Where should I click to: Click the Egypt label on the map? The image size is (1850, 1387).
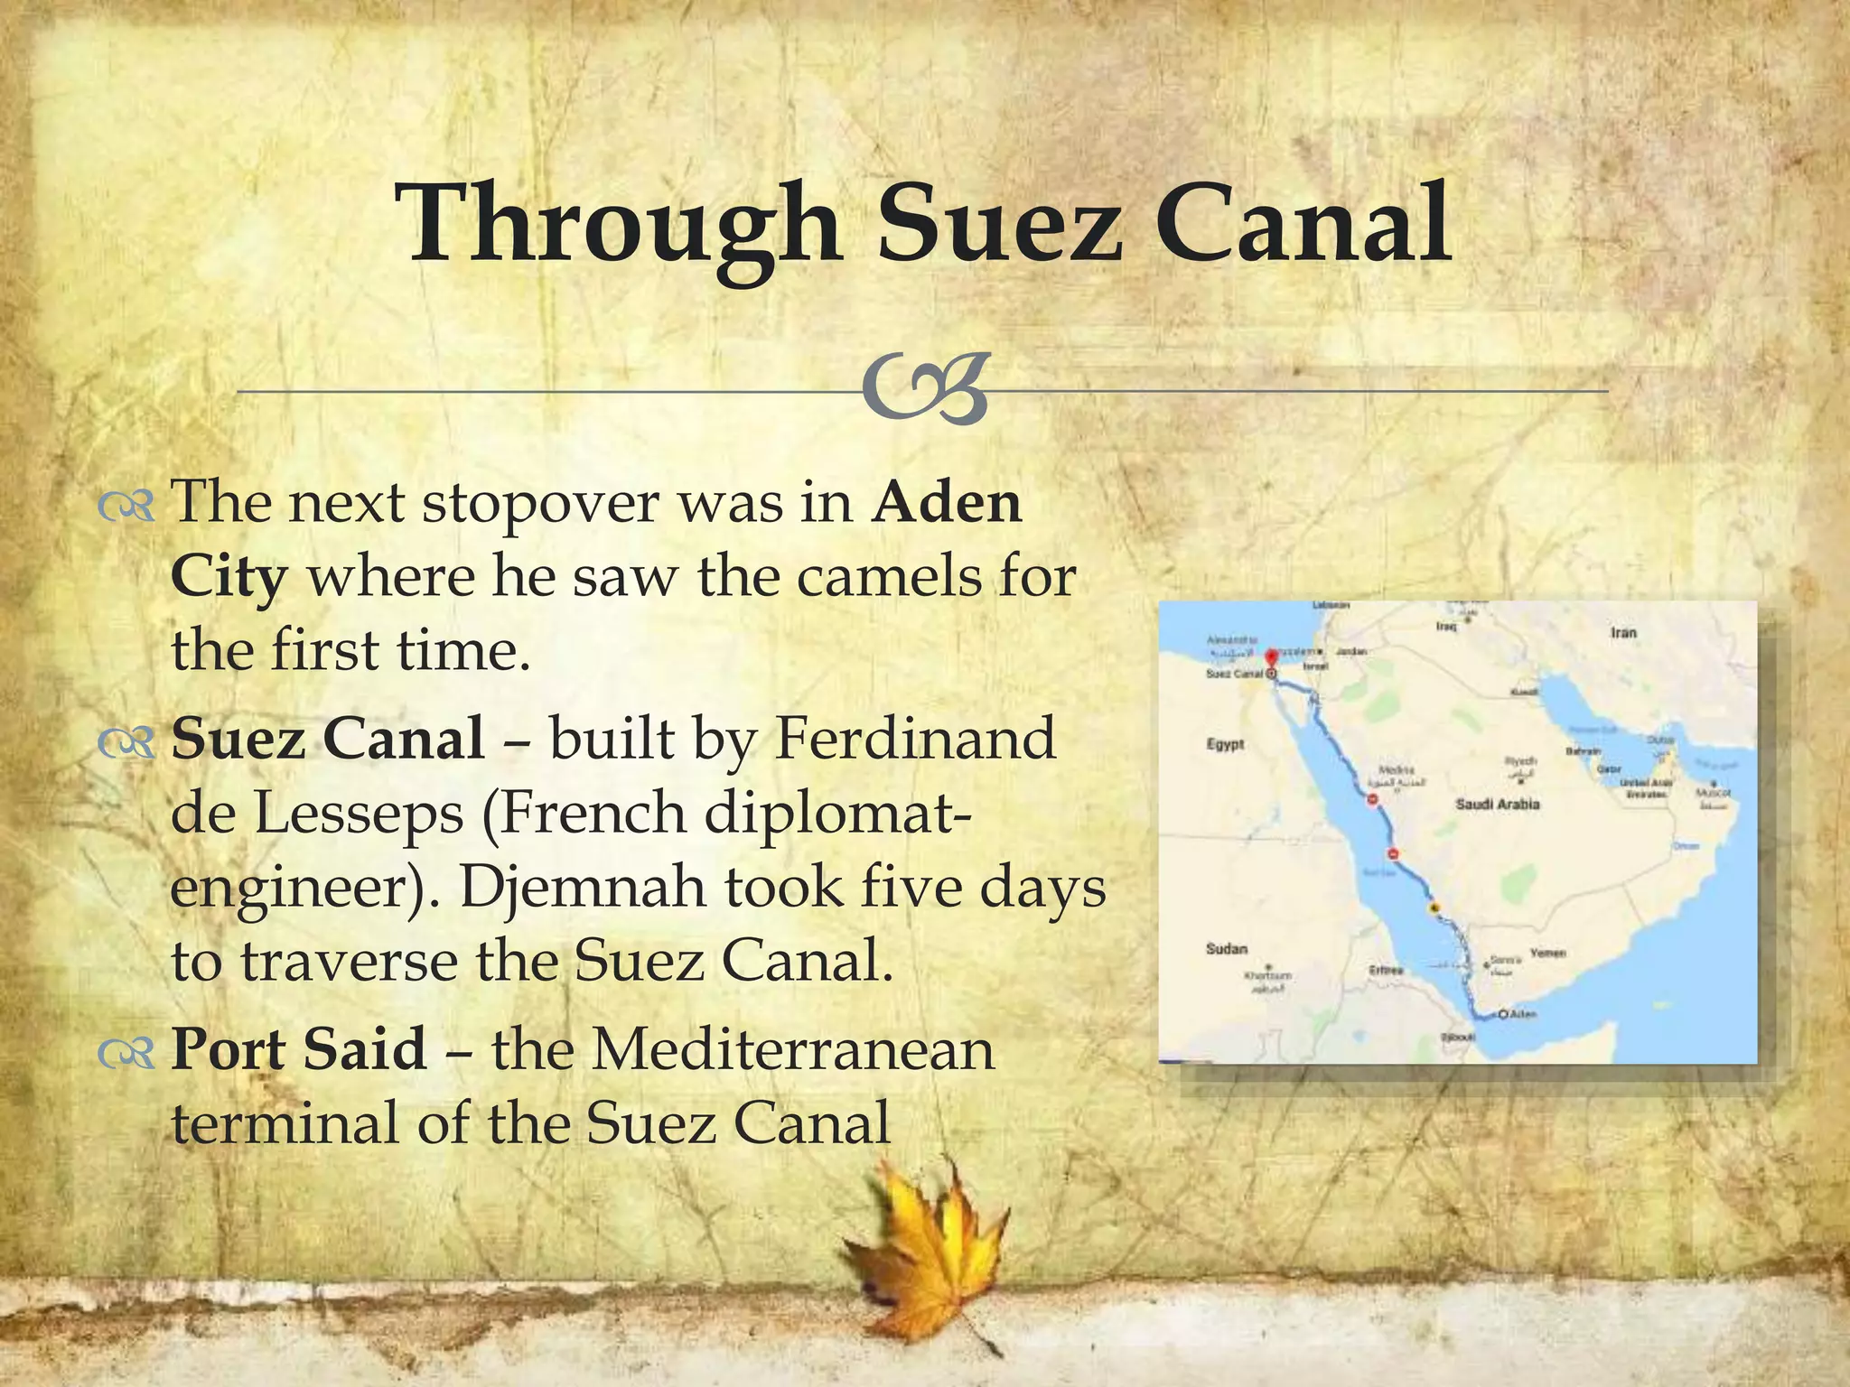pyautogui.click(x=1225, y=744)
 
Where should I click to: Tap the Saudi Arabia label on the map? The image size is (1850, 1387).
pyautogui.click(x=1497, y=804)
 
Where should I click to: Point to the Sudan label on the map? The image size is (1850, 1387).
pyautogui.click(x=1226, y=949)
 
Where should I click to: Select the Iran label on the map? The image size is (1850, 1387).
pyautogui.click(x=1623, y=632)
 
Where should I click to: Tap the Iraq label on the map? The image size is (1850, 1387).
pyautogui.click(x=1446, y=626)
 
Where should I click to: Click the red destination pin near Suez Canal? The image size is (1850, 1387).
pyautogui.click(x=1272, y=658)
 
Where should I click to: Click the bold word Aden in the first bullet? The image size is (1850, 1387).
pyautogui.click(x=946, y=502)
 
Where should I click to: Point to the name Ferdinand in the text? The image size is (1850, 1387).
pyautogui.click(x=916, y=739)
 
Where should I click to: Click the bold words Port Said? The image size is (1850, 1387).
pyautogui.click(x=299, y=1049)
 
